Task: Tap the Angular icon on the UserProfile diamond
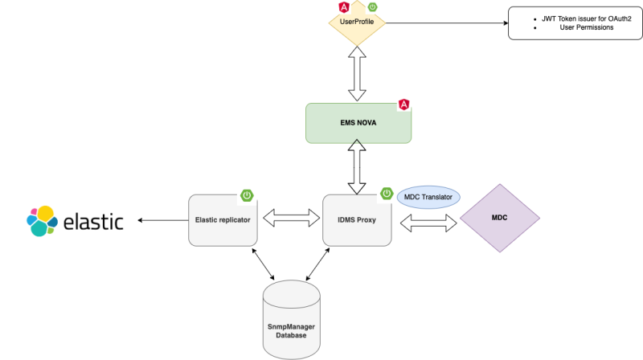[343, 8]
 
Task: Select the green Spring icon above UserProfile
[372, 7]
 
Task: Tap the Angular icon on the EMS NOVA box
[404, 104]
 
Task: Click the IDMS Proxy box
[357, 219]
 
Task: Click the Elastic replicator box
[223, 219]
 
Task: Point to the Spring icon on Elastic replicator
[248, 195]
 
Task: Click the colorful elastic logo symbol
[43, 221]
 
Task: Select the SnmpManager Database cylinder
[291, 319]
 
